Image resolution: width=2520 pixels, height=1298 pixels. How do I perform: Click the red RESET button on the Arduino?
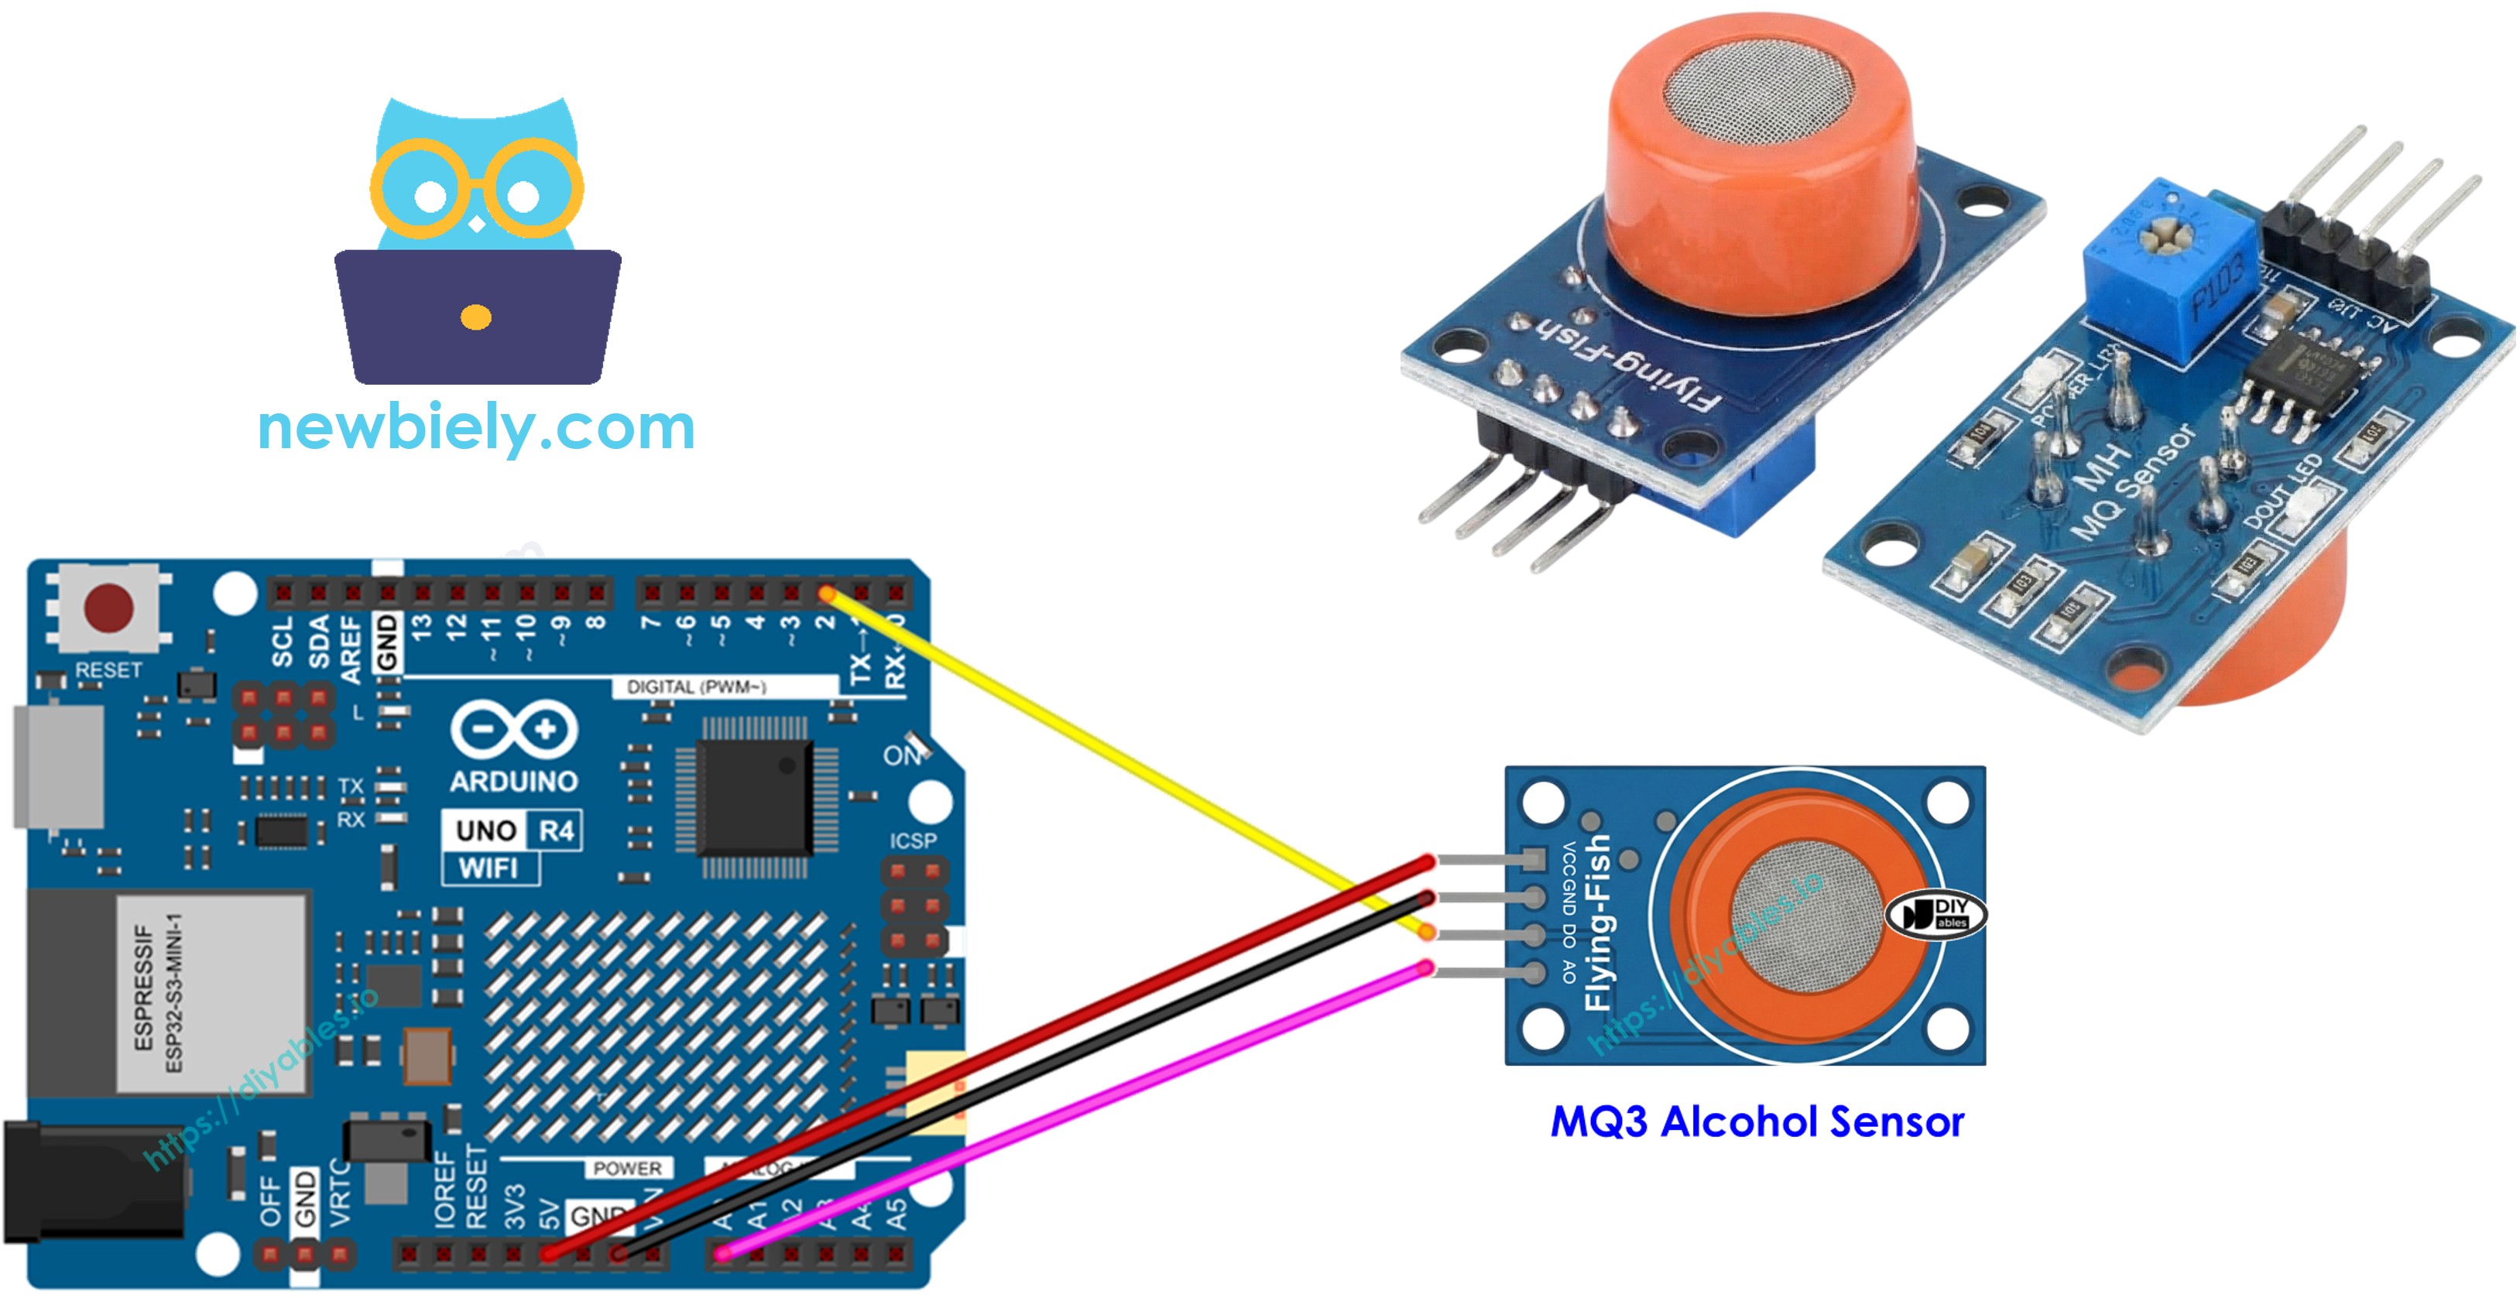click(108, 608)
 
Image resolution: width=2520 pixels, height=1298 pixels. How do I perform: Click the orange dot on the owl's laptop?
click(475, 317)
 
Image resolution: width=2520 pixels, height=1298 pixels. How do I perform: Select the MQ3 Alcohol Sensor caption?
click(1757, 1122)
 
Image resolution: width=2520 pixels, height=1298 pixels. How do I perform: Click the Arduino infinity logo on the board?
click(513, 730)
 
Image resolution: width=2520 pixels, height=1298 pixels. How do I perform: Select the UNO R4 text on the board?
click(513, 831)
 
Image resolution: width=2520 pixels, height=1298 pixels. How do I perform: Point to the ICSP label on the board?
click(913, 841)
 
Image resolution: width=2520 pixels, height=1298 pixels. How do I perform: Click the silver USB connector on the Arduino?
click(59, 766)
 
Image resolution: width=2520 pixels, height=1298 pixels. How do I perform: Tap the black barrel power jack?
click(93, 1183)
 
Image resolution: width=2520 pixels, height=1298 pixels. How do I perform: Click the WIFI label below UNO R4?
click(489, 868)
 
